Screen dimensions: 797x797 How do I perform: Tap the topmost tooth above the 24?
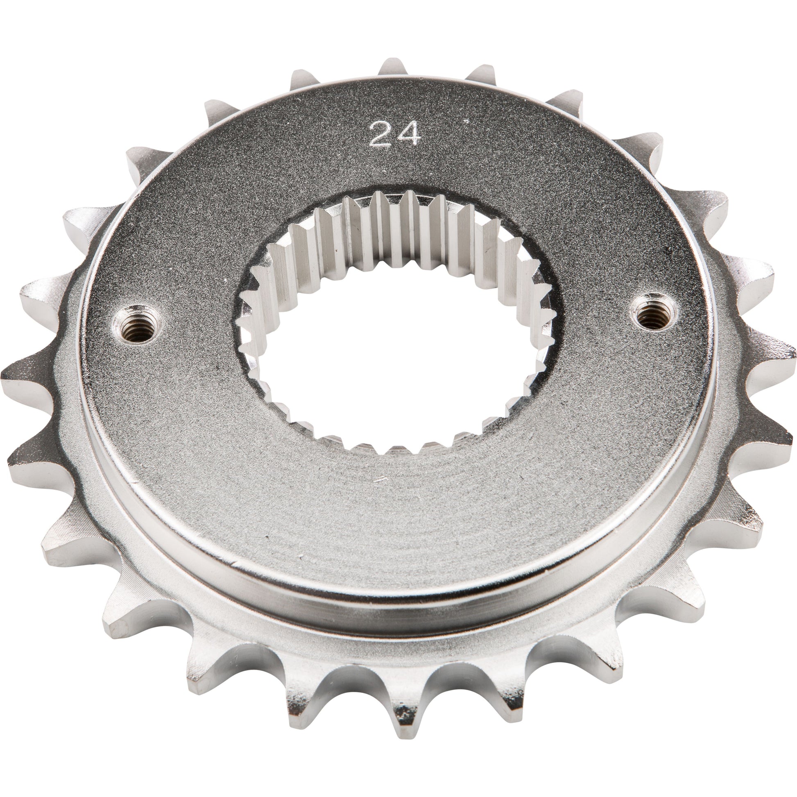(394, 70)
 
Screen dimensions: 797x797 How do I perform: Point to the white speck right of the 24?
(467, 121)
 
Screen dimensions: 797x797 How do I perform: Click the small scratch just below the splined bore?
(382, 480)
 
